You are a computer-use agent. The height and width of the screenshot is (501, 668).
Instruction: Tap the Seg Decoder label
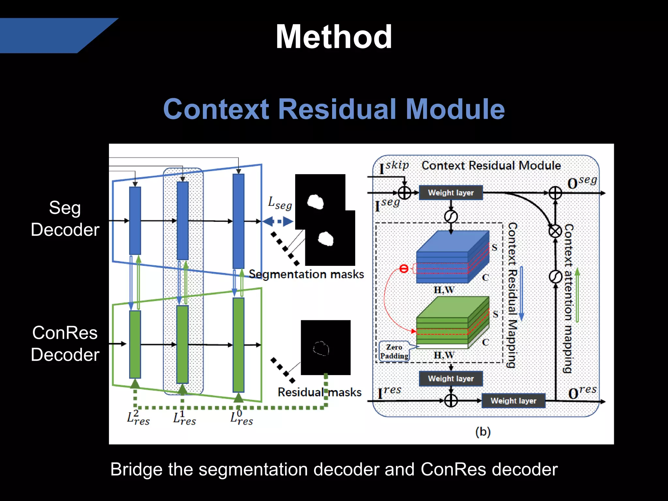pos(65,219)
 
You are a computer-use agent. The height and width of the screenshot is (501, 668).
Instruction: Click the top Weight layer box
pos(450,193)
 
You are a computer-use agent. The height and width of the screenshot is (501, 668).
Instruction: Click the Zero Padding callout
pos(394,352)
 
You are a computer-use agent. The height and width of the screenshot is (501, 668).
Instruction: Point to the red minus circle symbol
pos(404,269)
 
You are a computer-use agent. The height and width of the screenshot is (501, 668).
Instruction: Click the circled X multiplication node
pos(555,231)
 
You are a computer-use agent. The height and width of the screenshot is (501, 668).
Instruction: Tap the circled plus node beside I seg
pos(404,193)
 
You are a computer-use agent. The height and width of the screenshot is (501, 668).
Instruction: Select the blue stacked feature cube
pos(453,258)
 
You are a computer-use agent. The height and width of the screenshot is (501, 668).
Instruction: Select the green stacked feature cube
pos(453,323)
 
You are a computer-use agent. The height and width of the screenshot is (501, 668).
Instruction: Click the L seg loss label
pos(280,203)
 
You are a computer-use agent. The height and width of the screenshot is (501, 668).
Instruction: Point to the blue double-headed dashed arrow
pos(278,222)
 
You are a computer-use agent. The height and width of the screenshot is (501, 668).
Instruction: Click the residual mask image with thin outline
pos(326,348)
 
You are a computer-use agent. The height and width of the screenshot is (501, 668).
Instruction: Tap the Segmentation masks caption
pos(306,274)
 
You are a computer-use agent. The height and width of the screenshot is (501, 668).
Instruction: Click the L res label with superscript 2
pos(138,418)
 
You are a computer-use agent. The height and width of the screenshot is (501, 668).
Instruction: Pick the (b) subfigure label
pos(483,432)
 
